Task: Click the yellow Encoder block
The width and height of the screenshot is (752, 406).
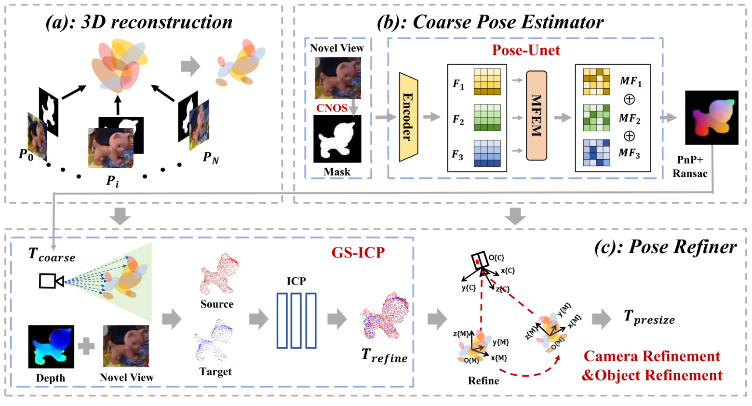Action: (408, 117)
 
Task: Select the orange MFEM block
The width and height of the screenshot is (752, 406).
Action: (536, 116)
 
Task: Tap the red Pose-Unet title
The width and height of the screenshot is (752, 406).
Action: (525, 50)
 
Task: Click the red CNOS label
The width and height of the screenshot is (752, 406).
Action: (332, 108)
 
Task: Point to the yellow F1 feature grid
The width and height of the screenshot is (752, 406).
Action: (487, 81)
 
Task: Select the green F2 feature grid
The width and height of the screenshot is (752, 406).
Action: (487, 118)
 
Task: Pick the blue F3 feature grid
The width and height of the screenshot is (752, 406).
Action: (487, 153)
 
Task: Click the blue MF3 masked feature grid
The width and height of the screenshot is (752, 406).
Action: (596, 153)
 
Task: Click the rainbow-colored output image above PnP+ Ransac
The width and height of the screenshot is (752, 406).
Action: (712, 117)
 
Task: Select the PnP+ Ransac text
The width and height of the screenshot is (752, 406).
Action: (690, 167)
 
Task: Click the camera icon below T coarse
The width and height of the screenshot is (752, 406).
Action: (51, 281)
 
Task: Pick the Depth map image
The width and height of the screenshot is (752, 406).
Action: (51, 347)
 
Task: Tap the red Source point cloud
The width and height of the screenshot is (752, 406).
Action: (218, 275)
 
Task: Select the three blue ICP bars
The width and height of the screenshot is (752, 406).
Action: (296, 321)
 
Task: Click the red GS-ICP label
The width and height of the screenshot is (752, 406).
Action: (358, 253)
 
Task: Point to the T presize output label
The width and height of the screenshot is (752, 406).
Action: (649, 318)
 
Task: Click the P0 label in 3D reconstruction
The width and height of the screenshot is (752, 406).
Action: (26, 154)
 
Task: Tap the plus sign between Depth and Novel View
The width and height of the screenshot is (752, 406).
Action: (86, 346)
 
